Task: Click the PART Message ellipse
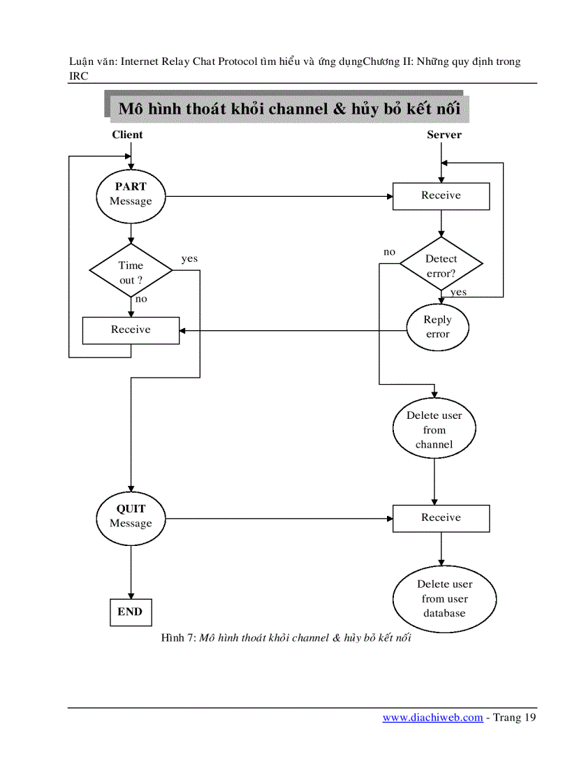[131, 194]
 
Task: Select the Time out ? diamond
[131, 272]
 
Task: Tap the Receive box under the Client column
[131, 330]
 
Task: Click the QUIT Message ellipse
[131, 517]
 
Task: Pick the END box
[130, 612]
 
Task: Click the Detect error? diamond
[441, 265]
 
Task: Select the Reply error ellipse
[438, 327]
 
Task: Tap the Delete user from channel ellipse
[434, 430]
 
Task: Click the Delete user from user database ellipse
[444, 599]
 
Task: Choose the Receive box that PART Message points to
[441, 195]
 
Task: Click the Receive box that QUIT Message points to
[441, 517]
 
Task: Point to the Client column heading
[127, 135]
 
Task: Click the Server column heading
[444, 135]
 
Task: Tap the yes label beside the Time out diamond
[189, 258]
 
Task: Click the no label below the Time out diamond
[141, 298]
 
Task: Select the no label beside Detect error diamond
[389, 251]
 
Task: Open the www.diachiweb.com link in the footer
[432, 717]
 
